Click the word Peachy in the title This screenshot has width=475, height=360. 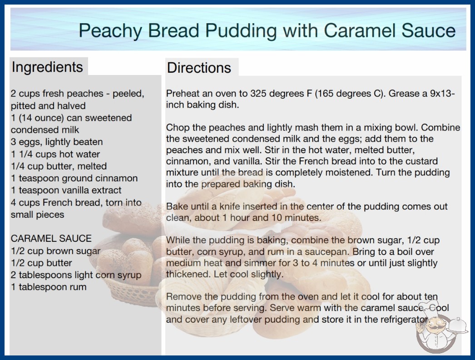tap(110, 31)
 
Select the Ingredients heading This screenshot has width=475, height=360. tap(47, 67)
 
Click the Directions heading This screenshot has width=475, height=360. tap(199, 68)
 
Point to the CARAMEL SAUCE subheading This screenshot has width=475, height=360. tap(51, 238)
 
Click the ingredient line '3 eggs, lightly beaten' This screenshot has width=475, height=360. tap(57, 142)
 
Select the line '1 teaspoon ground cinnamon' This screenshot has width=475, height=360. tap(74, 178)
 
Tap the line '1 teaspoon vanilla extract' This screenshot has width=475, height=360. tap(66, 190)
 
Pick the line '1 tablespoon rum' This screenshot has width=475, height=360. tap(49, 287)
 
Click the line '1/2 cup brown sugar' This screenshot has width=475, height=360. tap(56, 251)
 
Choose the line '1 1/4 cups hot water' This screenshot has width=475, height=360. tap(55, 154)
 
